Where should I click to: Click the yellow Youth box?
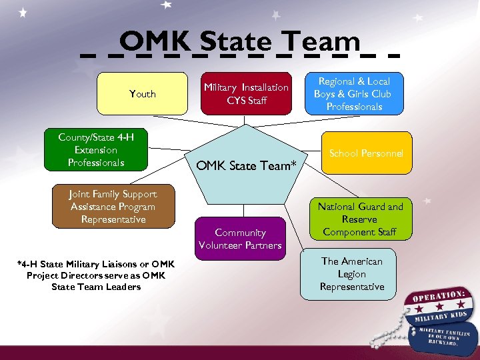[143, 94]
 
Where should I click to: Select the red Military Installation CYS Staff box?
[246, 94]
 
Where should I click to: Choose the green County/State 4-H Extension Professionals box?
[96, 150]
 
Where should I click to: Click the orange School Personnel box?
[366, 153]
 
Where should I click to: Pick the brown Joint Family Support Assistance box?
[113, 207]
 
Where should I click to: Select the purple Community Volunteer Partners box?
[240, 239]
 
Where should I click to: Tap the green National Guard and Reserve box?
[360, 219]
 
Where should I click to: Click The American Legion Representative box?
[351, 274]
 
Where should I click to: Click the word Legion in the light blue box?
[351, 274]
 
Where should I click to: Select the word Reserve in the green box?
[360, 219]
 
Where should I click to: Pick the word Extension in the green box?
[96, 150]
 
